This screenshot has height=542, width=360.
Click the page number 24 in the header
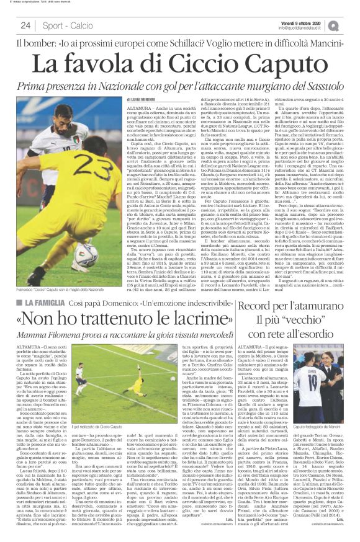25,25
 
